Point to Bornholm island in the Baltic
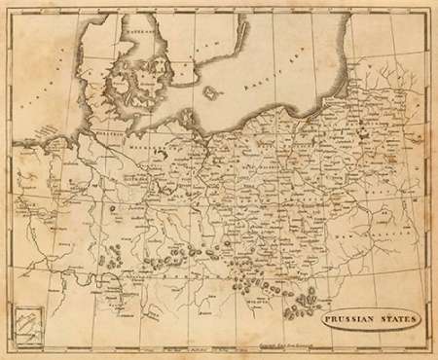208,94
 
